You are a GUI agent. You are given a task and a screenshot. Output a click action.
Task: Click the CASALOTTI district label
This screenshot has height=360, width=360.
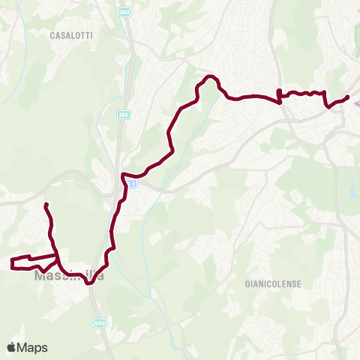70,35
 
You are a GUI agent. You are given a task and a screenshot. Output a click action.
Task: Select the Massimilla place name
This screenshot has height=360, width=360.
68,276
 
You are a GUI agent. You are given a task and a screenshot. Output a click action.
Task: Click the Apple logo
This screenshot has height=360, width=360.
12,347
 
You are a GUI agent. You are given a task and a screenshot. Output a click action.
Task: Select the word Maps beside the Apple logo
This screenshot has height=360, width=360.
34,347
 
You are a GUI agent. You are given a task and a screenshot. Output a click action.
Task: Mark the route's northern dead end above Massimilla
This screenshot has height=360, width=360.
46,205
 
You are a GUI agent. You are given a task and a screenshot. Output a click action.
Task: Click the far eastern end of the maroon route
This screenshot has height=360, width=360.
348,97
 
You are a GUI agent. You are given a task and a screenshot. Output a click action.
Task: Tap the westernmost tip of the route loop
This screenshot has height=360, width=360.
11,262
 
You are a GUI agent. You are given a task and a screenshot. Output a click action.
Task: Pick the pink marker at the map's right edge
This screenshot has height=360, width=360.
356,103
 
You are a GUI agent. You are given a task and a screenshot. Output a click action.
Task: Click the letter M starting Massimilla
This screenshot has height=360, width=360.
40,276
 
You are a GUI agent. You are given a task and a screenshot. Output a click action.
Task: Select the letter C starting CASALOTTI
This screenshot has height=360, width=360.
52,35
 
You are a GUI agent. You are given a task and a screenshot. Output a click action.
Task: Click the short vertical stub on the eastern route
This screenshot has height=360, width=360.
279,94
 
